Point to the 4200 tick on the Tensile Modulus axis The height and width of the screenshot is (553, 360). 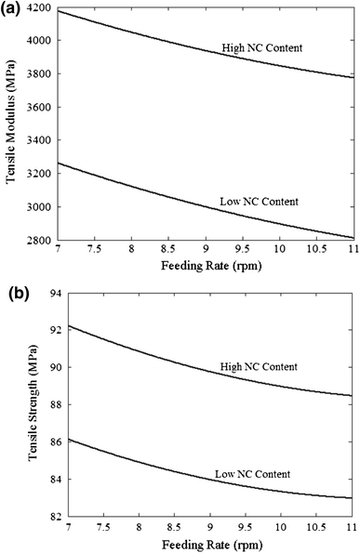39,7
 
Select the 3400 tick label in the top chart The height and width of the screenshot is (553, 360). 39,140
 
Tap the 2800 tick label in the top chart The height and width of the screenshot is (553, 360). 39,240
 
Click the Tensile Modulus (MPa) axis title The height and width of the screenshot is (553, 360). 11,123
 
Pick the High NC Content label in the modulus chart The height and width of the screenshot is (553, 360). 262,47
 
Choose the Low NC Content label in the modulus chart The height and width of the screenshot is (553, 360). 259,202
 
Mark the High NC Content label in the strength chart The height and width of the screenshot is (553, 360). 259,367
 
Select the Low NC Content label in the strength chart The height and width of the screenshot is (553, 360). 253,474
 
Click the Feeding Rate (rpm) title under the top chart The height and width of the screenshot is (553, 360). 211,265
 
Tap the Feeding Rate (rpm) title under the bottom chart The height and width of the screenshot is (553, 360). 212,545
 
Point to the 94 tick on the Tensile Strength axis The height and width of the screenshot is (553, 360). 56,293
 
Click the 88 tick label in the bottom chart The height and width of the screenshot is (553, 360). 56,405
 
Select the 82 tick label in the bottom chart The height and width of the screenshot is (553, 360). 56,517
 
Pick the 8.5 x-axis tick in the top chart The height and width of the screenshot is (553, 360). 168,249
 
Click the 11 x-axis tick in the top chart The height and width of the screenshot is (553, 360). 353,249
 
